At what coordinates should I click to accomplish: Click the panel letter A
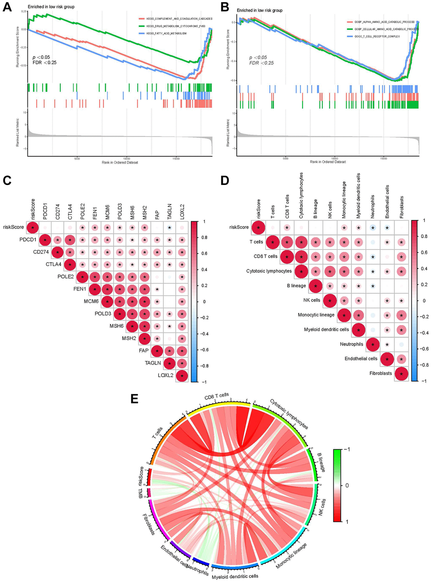point(7,7)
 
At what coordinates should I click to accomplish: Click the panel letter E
point(134,398)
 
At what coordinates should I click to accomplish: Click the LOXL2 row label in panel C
point(165,375)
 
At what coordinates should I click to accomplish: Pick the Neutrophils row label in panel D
point(351,344)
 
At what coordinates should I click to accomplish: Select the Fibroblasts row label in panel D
point(380,373)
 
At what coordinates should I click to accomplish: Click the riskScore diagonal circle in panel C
point(33,228)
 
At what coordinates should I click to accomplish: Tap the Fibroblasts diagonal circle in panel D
point(401,373)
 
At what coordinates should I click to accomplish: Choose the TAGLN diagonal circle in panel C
point(170,363)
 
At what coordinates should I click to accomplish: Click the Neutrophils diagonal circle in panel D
point(372,344)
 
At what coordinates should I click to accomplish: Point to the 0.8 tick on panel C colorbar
point(205,238)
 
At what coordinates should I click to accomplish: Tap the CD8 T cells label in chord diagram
point(216,397)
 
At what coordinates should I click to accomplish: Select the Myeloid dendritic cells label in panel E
point(235,576)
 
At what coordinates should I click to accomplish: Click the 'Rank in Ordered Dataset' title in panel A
point(120,163)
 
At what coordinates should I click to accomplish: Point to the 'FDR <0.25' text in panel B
point(261,63)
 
